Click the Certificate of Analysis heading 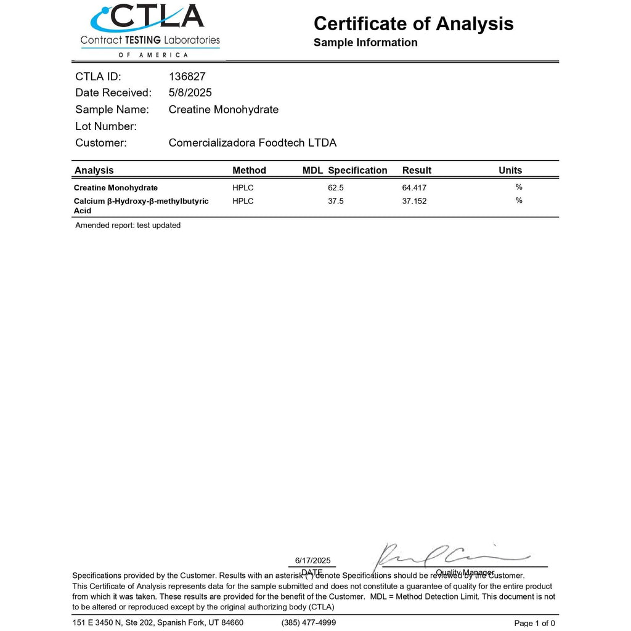pyautogui.click(x=413, y=23)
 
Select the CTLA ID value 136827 pyautogui.click(x=187, y=76)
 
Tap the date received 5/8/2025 pyautogui.click(x=190, y=93)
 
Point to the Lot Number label pyautogui.click(x=105, y=126)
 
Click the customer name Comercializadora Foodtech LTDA pyautogui.click(x=252, y=143)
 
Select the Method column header pyautogui.click(x=249, y=171)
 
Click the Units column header pyautogui.click(x=510, y=171)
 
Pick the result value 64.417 pyautogui.click(x=414, y=188)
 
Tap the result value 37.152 pyautogui.click(x=414, y=201)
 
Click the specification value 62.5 pyautogui.click(x=336, y=188)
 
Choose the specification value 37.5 pyautogui.click(x=336, y=201)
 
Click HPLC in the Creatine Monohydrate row pyautogui.click(x=243, y=188)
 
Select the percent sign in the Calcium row pyautogui.click(x=519, y=200)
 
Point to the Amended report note pyautogui.click(x=128, y=226)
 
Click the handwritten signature pyautogui.click(x=444, y=555)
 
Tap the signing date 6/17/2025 pyautogui.click(x=312, y=560)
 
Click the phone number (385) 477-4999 pyautogui.click(x=309, y=622)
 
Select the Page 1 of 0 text pyautogui.click(x=534, y=623)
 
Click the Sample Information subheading pyautogui.click(x=365, y=43)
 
